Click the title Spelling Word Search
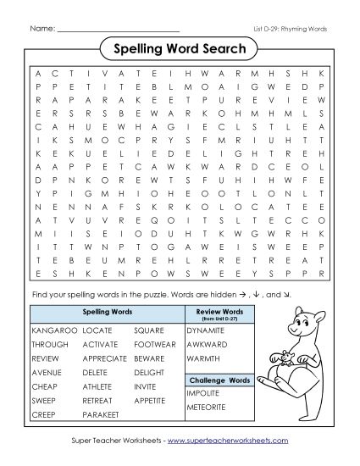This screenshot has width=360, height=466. click(x=180, y=49)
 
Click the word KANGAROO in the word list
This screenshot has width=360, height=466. click(x=50, y=330)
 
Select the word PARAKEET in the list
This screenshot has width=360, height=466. click(x=102, y=414)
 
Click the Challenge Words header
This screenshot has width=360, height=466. click(x=219, y=379)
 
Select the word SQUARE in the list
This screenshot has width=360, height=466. click(x=148, y=330)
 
